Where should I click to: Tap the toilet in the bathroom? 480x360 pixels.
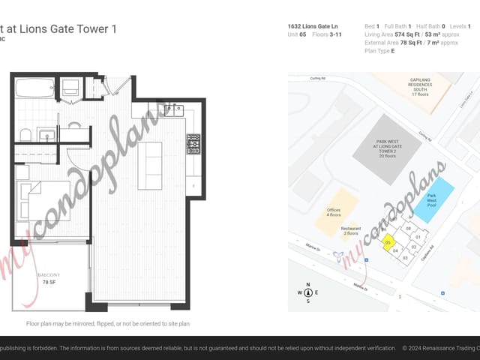pos(25,135)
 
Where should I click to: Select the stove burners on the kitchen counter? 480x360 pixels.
pos(193,142)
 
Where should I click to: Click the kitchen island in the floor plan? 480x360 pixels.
pos(149,165)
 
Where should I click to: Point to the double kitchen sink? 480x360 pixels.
pos(174,110)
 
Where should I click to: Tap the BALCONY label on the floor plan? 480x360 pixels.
pos(49,275)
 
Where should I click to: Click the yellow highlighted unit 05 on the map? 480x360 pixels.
pos(388,243)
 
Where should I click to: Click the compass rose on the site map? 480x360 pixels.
pos(307,292)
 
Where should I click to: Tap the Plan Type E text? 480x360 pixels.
pos(379,51)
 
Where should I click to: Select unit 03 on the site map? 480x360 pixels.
pos(405,257)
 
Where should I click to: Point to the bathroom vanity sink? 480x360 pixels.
pos(46,136)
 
